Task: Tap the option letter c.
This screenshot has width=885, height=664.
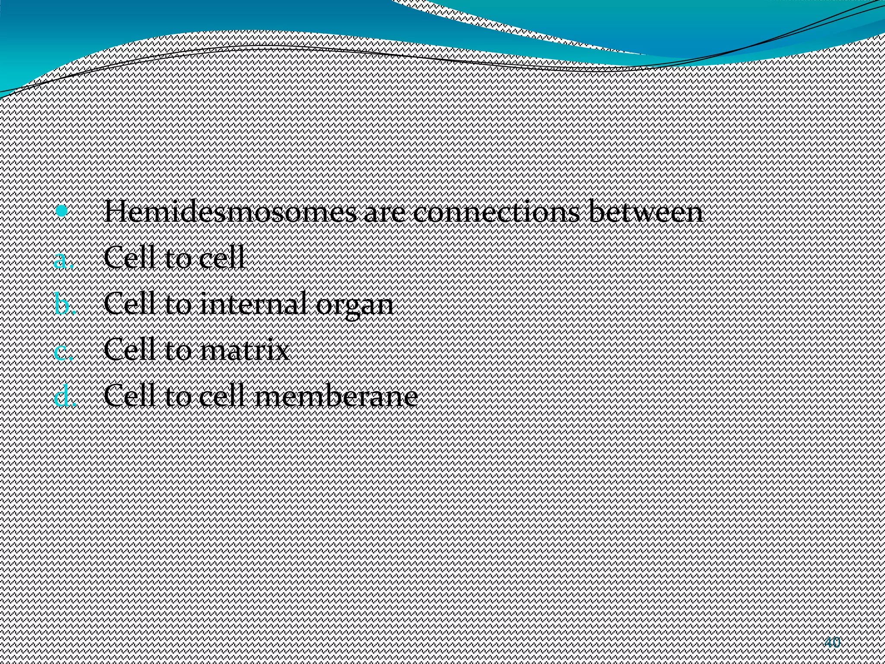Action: coord(63,351)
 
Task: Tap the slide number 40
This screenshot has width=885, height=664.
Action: coord(832,642)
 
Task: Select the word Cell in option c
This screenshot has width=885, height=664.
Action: coord(129,350)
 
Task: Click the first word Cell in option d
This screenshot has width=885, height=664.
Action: coord(129,396)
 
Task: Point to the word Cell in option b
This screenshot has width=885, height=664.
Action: coord(129,304)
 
